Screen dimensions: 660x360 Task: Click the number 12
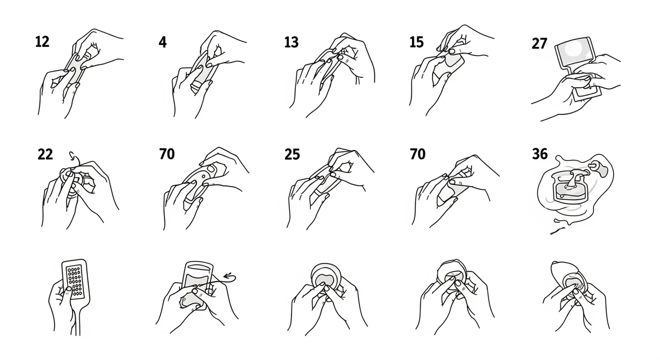[x=42, y=42]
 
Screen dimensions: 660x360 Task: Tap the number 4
[x=162, y=42]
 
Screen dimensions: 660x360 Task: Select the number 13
[x=291, y=42]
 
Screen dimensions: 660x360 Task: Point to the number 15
[x=417, y=42]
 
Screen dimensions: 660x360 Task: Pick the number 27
[x=539, y=44]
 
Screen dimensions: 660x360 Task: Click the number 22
[x=45, y=154]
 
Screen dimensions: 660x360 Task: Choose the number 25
[x=292, y=154]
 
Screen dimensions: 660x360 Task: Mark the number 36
[x=540, y=154]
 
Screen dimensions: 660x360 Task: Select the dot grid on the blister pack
[x=75, y=281]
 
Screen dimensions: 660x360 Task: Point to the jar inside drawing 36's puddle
[x=569, y=189]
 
